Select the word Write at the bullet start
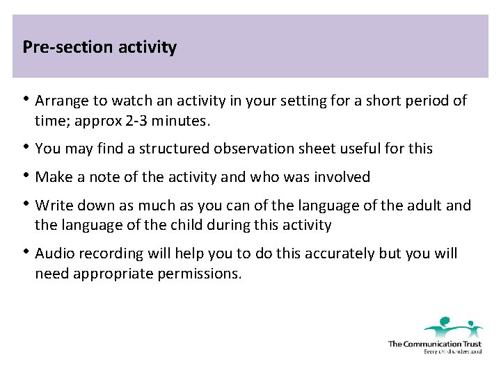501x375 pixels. point(52,206)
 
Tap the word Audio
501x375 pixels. point(53,253)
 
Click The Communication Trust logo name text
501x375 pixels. point(434,344)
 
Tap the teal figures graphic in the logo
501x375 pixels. point(453,326)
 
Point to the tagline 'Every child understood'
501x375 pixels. point(452,351)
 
